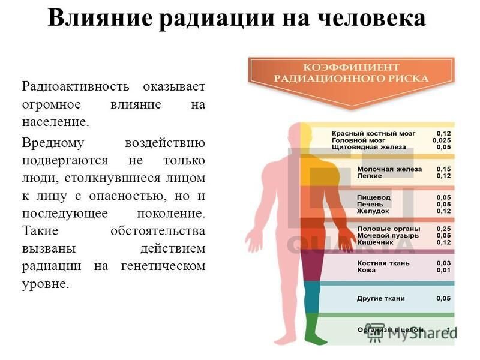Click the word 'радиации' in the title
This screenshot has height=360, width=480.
pos(217,18)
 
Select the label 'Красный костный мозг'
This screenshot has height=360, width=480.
pos(373,133)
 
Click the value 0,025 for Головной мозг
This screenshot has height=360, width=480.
pos(442,140)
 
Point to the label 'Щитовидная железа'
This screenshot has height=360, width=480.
pos(369,147)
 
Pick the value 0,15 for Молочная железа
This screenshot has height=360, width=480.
pos(443,169)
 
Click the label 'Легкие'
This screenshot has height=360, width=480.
pos(370,176)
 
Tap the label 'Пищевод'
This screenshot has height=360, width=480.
pos(373,197)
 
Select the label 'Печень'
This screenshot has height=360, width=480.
pos(370,204)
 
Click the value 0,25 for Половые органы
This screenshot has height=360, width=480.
pos(443,229)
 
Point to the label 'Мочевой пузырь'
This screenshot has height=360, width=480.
pos(388,235)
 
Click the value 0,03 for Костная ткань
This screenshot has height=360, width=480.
pos(443,263)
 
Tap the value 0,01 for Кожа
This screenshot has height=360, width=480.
pos(443,270)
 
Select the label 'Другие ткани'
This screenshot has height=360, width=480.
pos(381,298)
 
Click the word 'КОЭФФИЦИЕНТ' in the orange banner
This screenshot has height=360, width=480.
pos(351,67)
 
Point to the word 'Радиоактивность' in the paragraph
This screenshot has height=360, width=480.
pos(76,86)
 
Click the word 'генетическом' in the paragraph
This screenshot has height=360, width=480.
pos(163,266)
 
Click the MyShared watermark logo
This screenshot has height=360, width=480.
pos(411,333)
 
